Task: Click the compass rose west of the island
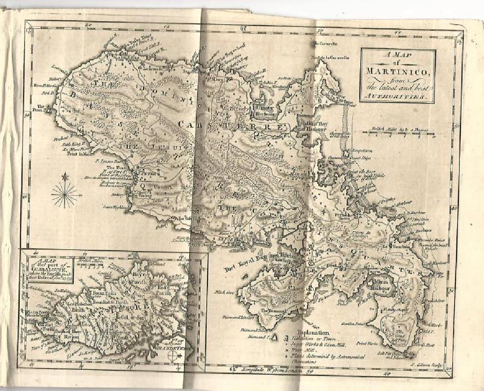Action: pyautogui.click(x=65, y=193)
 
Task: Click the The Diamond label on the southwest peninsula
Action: pyautogui.click(x=269, y=311)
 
